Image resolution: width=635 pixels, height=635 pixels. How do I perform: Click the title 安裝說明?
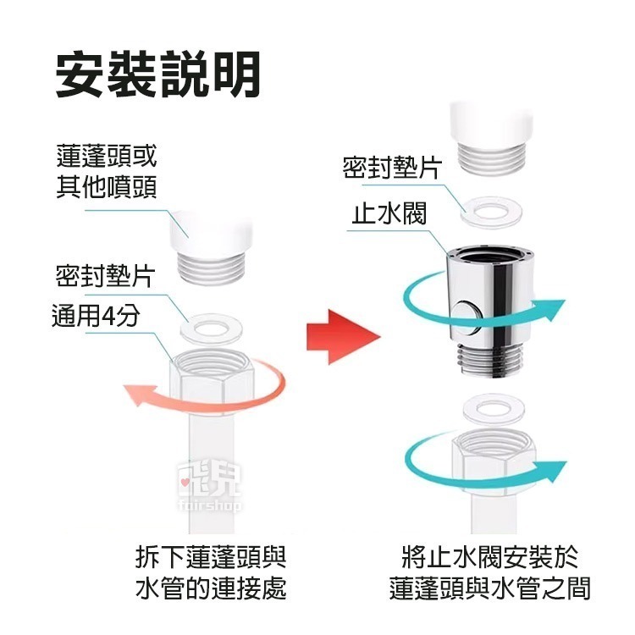(x=157, y=75)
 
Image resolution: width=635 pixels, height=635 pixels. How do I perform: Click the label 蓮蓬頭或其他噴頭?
(x=107, y=172)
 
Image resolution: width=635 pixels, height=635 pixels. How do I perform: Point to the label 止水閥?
(x=389, y=213)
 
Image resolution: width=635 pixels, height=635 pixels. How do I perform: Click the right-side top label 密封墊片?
(x=391, y=167)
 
